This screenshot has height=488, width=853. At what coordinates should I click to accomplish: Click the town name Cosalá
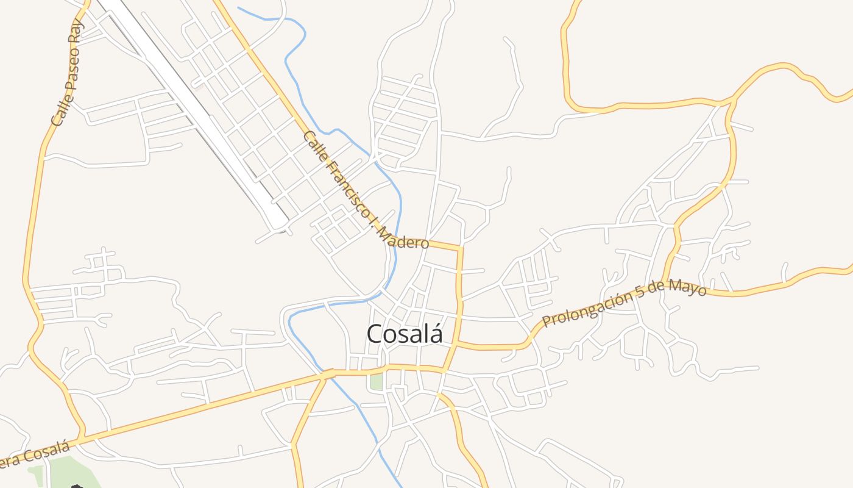(404, 334)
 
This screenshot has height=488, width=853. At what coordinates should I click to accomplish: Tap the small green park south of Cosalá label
(377, 382)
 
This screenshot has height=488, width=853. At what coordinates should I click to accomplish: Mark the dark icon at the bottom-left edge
(77, 486)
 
